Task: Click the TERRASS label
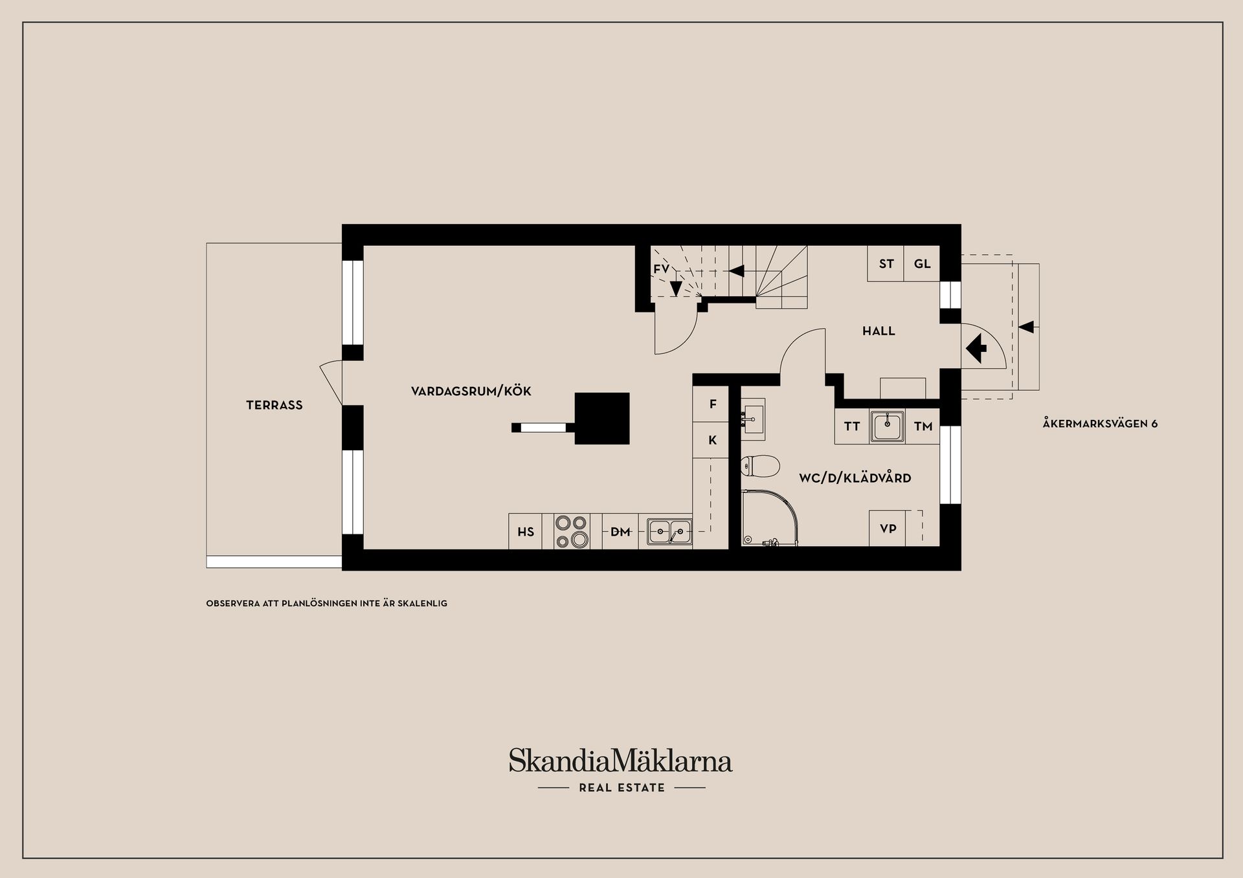click(274, 405)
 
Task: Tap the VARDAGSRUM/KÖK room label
click(471, 391)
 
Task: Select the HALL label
click(879, 331)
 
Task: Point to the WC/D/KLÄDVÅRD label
click(855, 478)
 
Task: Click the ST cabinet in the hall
click(886, 264)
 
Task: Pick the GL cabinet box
click(922, 264)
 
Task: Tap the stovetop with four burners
click(572, 531)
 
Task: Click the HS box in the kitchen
click(526, 532)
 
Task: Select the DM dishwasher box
click(620, 532)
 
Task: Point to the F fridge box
click(712, 404)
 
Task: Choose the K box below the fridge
click(712, 441)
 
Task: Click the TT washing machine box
click(851, 426)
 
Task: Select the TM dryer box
click(923, 426)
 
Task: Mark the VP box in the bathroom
click(888, 529)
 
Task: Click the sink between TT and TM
click(887, 426)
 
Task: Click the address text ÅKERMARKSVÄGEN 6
click(1100, 424)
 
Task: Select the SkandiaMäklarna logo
click(620, 761)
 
